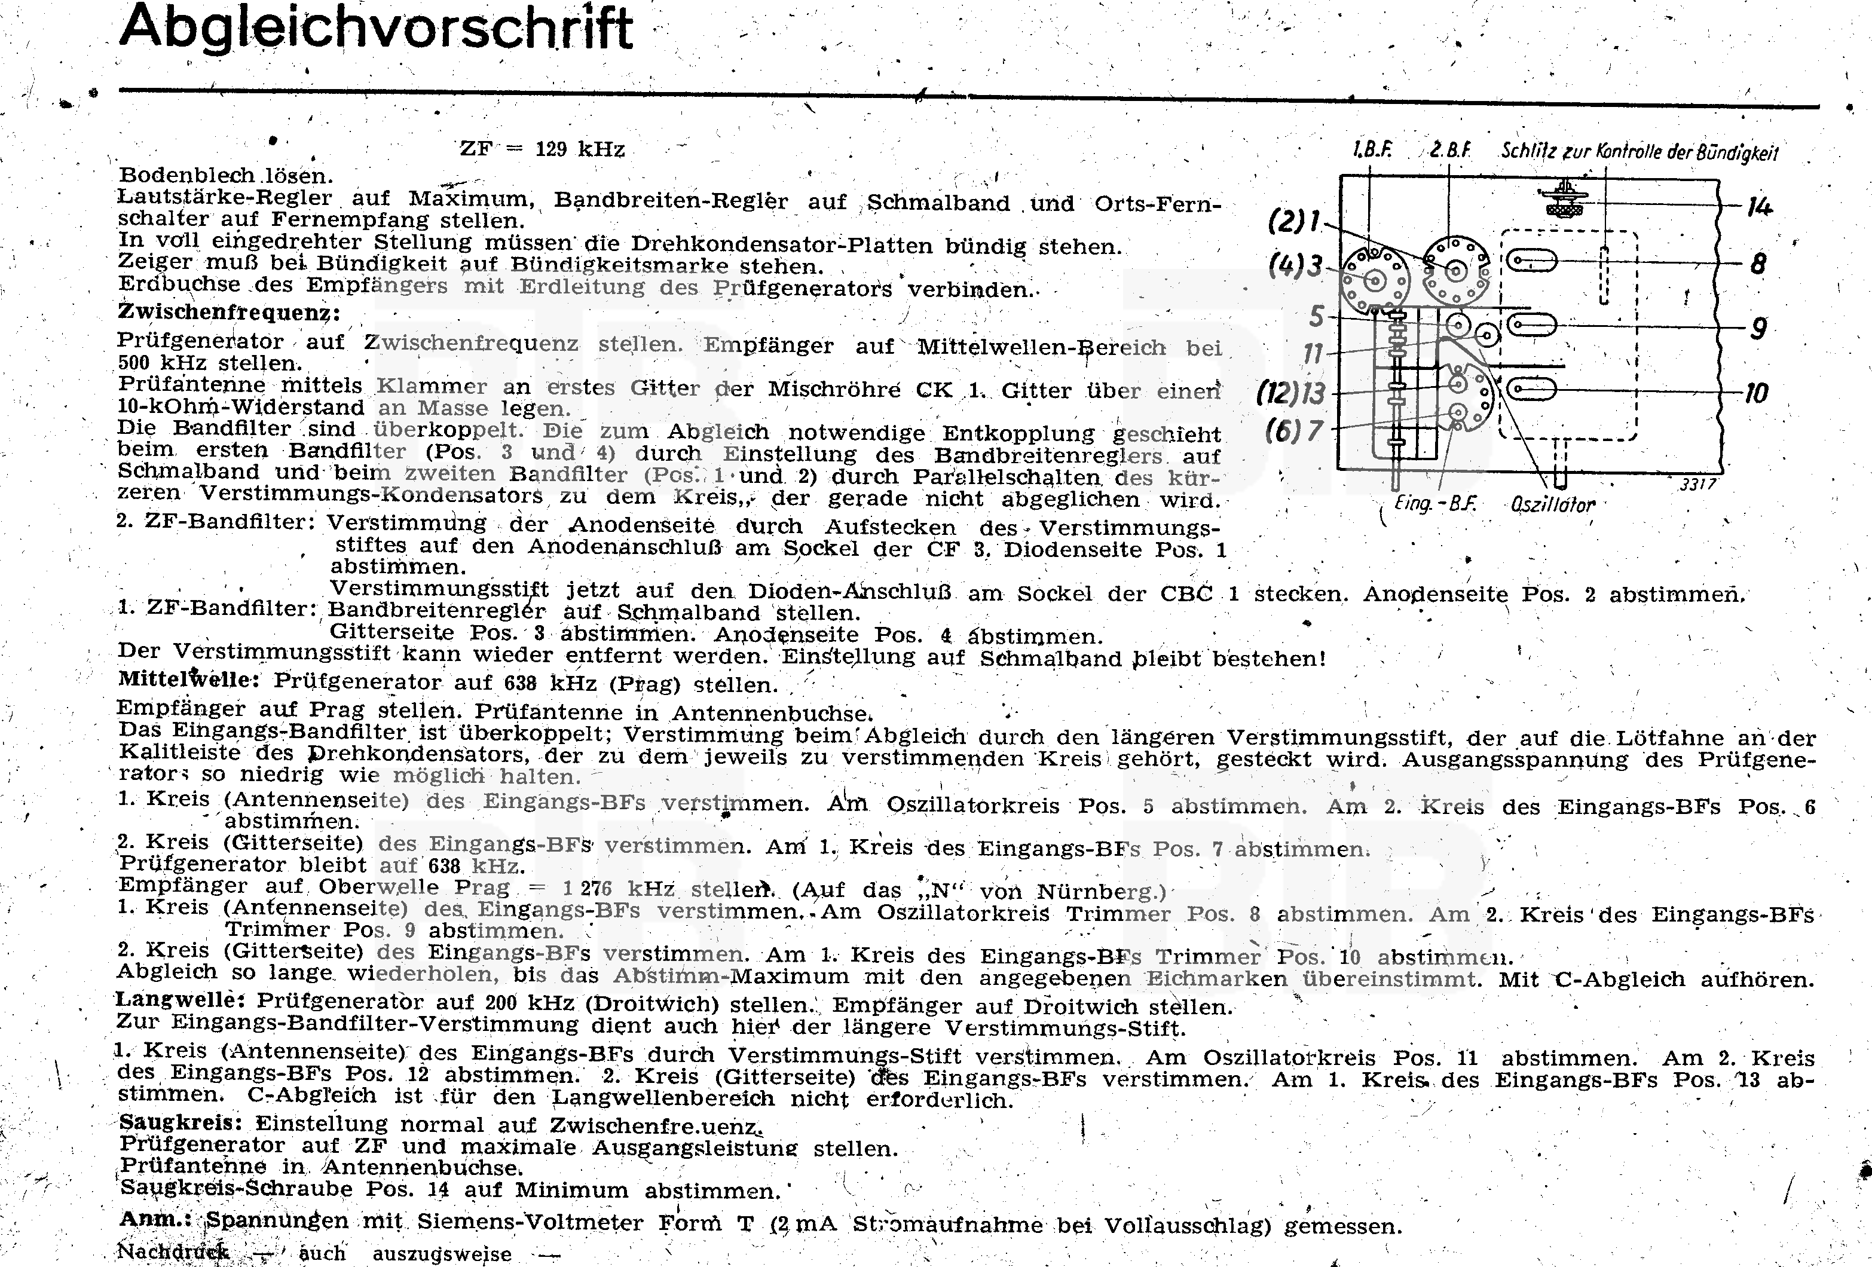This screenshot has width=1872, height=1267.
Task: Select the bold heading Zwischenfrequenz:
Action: click(229, 313)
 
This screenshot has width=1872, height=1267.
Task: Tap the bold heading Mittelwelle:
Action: click(188, 679)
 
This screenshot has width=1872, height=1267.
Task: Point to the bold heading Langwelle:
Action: click(181, 1000)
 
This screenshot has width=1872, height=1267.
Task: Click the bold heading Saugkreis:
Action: click(181, 1122)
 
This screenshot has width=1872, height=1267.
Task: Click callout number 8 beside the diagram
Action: click(1758, 264)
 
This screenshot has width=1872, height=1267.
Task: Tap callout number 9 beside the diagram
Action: click(1758, 328)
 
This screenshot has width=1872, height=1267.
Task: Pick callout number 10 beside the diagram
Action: click(1756, 393)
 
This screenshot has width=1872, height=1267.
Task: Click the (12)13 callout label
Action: click(1291, 393)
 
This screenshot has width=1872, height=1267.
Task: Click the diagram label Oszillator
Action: click(1552, 505)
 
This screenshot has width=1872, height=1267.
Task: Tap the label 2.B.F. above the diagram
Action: click(1451, 151)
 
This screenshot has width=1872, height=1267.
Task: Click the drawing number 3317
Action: click(1697, 484)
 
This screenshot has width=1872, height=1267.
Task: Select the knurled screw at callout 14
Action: click(1564, 201)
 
